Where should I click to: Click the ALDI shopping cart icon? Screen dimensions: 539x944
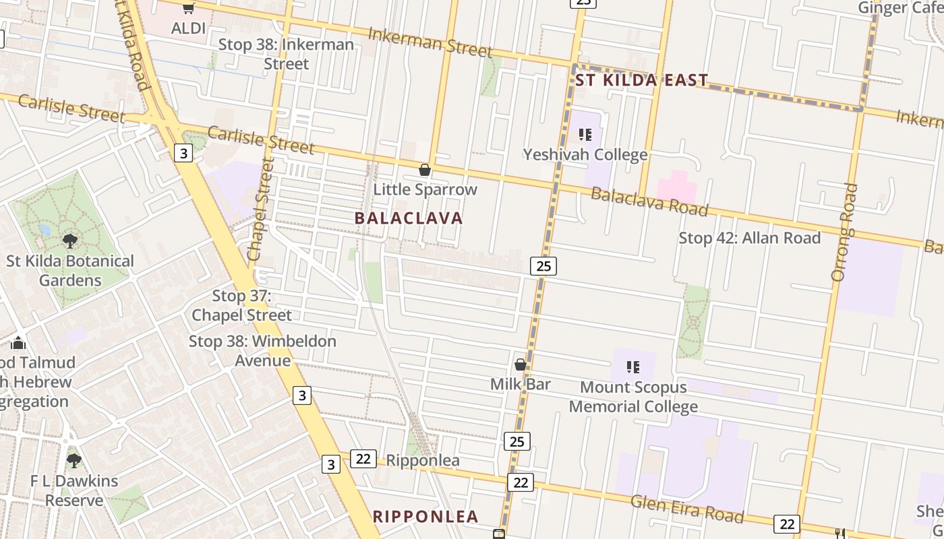188,9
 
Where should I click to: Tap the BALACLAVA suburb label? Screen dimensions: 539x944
409,218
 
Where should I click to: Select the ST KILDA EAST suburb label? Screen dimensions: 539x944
641,81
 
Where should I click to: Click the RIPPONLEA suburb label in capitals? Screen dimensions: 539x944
425,517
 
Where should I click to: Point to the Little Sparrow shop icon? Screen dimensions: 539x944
425,170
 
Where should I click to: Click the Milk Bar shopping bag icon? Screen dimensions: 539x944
521,365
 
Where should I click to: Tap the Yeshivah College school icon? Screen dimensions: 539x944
585,135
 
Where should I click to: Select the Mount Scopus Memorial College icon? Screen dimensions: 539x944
632,367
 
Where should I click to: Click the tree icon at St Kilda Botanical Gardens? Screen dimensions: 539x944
69,241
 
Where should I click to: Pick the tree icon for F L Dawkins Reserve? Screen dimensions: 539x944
74,461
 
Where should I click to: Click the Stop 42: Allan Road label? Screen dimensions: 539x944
749,238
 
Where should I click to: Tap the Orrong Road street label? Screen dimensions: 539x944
844,232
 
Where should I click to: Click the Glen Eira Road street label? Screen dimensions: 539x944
687,509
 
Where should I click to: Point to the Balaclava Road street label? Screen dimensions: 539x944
649,202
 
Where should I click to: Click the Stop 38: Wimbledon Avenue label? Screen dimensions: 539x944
262,350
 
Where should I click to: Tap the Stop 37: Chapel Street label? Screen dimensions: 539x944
242,305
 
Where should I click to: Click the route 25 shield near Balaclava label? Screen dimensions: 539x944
543,266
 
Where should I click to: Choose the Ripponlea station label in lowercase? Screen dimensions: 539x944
422,461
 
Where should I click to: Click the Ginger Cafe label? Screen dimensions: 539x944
900,8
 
